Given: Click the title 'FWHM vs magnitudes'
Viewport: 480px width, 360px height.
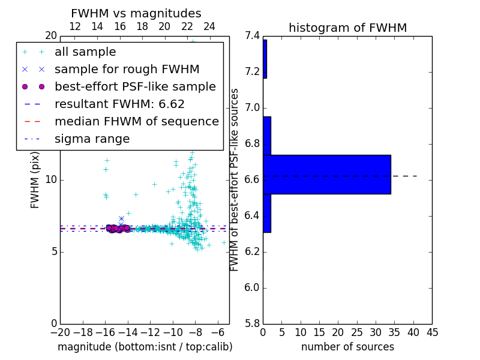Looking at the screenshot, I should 136,14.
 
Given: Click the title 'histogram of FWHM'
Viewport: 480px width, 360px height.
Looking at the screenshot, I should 347,28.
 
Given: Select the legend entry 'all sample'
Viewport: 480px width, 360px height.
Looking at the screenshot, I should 85,52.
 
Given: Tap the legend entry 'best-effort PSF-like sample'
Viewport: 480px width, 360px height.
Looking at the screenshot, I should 135,87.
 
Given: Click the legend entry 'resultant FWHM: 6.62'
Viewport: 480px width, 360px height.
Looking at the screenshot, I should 119,104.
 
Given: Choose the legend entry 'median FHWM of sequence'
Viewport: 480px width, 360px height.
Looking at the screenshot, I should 136,122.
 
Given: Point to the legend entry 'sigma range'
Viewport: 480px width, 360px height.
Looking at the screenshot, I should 92,139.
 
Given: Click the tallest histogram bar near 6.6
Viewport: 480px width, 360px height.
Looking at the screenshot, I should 326,175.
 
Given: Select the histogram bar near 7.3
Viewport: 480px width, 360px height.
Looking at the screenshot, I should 265,59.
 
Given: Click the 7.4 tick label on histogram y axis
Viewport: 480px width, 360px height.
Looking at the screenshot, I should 252,36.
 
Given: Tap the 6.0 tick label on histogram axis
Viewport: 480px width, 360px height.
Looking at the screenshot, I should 252,287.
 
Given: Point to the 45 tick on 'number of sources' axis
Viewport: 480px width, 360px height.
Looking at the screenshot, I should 431,332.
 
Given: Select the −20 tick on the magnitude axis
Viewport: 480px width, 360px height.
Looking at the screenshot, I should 60,332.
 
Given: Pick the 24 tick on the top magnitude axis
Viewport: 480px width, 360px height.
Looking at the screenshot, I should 209,26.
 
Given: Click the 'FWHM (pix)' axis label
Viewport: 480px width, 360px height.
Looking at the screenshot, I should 35,180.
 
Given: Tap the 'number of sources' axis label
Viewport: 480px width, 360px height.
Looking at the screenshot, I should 347,347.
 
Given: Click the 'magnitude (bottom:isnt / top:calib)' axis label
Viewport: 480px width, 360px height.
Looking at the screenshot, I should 145,347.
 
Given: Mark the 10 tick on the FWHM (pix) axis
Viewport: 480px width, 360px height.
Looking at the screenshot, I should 51,179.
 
